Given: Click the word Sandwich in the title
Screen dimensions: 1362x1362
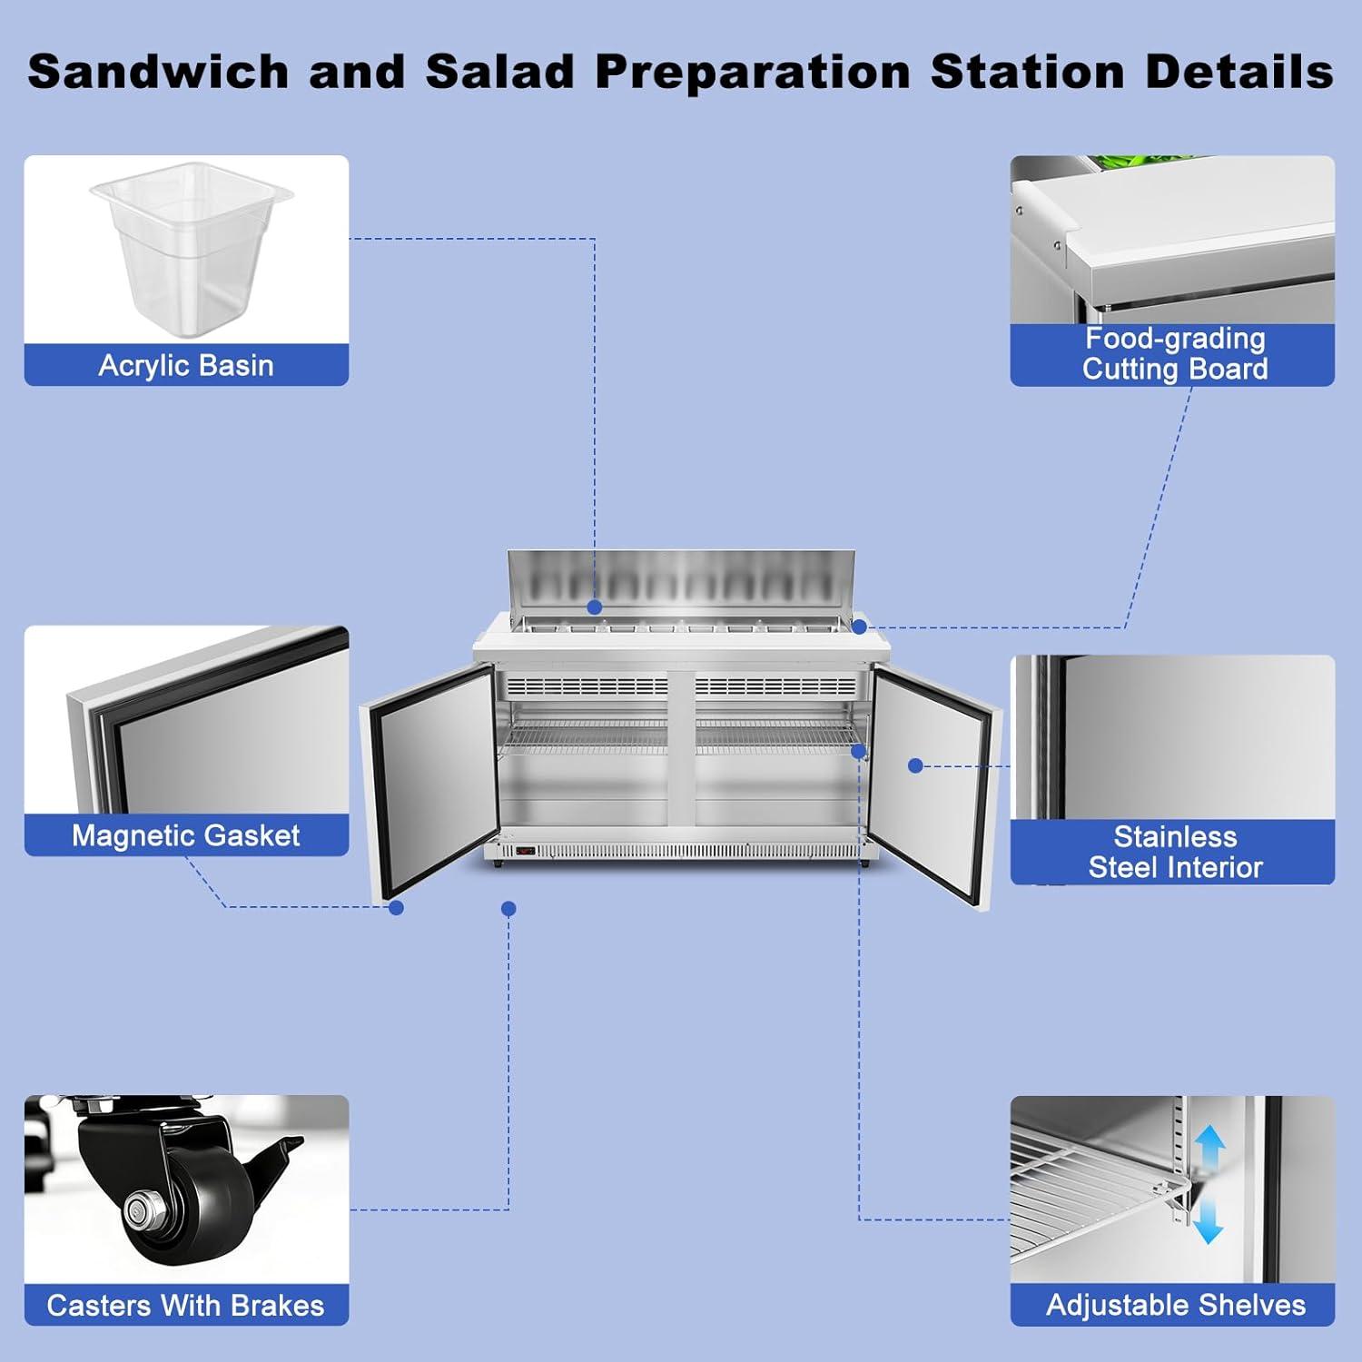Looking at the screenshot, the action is point(158,72).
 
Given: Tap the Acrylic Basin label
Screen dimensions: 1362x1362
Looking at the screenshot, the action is point(186,365).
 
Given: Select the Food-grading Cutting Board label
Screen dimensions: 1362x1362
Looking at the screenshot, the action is point(1174,353).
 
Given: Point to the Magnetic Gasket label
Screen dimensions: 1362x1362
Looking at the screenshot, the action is point(186,835).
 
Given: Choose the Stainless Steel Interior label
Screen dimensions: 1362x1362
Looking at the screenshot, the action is point(1175,852).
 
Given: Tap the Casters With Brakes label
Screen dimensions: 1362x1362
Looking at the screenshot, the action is point(185,1305).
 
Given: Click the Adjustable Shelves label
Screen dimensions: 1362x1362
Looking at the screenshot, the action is point(1176,1305).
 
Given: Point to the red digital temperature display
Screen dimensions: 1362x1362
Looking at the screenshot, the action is point(525,852).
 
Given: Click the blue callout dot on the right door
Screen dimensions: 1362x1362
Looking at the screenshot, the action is point(915,766).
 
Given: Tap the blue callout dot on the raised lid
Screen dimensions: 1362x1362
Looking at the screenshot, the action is point(594,607).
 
